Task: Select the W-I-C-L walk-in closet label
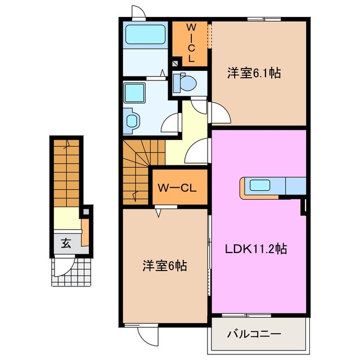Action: tap(191, 42)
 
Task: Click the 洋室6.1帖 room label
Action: tap(254, 73)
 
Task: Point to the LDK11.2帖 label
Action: tap(256, 248)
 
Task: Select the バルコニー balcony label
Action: tap(254, 334)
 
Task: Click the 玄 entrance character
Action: tap(66, 244)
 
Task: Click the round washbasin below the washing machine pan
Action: tap(133, 120)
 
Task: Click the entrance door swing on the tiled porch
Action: tap(69, 266)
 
